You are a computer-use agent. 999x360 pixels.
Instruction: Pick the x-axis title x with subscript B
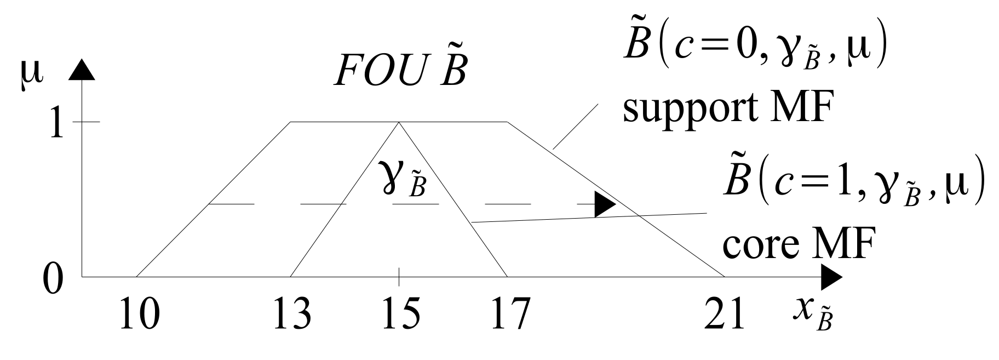813,315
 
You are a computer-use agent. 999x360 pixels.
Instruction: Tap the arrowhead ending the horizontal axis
830,277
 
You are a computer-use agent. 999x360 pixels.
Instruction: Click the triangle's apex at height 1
398,122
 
